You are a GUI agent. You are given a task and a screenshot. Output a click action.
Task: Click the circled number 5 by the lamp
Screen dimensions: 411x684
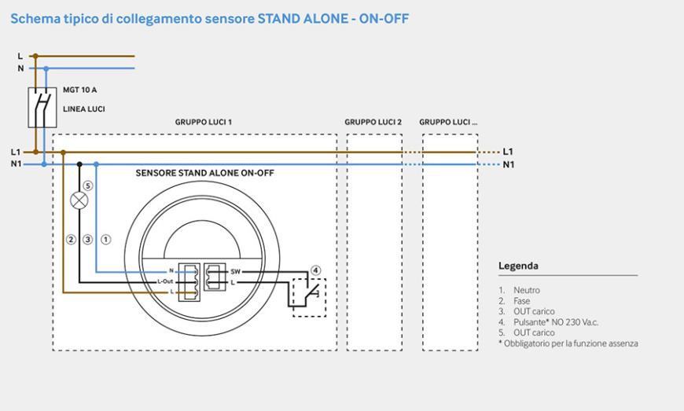click(x=88, y=186)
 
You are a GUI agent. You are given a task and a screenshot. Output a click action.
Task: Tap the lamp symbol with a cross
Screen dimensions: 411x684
click(x=79, y=200)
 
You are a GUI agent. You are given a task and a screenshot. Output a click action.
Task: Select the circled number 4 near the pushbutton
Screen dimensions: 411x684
click(x=316, y=270)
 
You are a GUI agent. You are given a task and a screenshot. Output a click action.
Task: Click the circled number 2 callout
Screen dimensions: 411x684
click(x=71, y=239)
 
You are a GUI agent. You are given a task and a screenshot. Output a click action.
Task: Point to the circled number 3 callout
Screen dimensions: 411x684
click(x=88, y=239)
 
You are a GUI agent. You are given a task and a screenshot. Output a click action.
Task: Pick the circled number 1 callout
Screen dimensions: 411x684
click(x=106, y=239)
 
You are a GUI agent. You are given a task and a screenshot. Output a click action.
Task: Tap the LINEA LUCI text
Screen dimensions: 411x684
click(x=84, y=108)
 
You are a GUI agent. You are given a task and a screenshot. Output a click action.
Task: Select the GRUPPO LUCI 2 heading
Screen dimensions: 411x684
click(x=373, y=123)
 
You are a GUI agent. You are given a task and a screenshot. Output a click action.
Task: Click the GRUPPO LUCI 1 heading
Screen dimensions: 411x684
click(x=203, y=123)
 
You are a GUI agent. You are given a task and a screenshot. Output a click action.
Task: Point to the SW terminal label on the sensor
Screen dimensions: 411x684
click(x=234, y=271)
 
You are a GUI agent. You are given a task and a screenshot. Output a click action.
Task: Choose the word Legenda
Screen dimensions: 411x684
click(x=518, y=266)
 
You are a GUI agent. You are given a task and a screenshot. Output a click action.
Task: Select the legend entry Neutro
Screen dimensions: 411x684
click(x=526, y=290)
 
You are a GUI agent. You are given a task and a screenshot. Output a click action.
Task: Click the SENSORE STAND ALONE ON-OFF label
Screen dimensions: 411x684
click(x=204, y=172)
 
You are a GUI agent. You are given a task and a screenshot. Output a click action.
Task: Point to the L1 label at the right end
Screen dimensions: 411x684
click(x=508, y=151)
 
